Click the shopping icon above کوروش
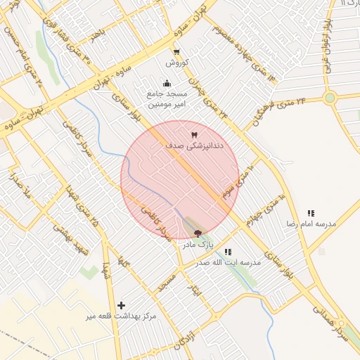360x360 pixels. pyautogui.click(x=176, y=51)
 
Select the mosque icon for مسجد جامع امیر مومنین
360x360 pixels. pyautogui.click(x=167, y=84)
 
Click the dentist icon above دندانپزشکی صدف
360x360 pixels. pyautogui.click(x=194, y=134)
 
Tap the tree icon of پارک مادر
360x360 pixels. pyautogui.click(x=198, y=233)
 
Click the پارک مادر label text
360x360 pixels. pyautogui.click(x=198, y=245)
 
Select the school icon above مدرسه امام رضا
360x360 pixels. pyautogui.click(x=311, y=213)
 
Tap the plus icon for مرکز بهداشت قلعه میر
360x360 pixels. pyautogui.click(x=122, y=305)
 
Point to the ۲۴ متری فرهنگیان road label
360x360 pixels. pyautogui.click(x=281, y=108)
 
